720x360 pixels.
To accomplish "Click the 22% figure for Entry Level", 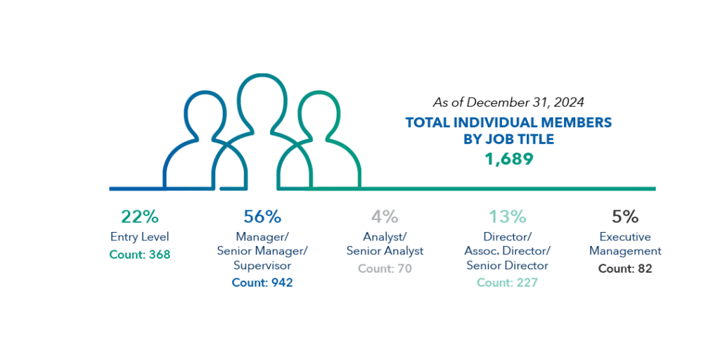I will (x=139, y=217).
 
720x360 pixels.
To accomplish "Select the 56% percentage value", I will (x=262, y=217).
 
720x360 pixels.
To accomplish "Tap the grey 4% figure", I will (x=385, y=217).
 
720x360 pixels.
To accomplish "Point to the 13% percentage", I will (x=508, y=217).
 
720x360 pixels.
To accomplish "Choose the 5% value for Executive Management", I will (x=625, y=217).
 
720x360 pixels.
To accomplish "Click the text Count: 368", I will (x=139, y=255).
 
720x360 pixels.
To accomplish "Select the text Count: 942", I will (x=262, y=283).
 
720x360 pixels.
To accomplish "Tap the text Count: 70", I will (x=385, y=269).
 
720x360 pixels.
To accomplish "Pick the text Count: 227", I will (x=508, y=283).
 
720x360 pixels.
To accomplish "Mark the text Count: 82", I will (x=625, y=269).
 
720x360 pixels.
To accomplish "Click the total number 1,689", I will (x=508, y=159).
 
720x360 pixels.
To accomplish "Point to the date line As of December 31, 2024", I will (x=508, y=103).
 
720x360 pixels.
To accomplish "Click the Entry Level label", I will (x=139, y=237).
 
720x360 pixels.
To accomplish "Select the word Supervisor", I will (x=262, y=266).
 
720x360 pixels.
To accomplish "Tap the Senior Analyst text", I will (x=385, y=251).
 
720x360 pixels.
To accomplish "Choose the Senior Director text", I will (x=508, y=266).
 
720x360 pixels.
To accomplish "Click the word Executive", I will (x=625, y=237).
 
